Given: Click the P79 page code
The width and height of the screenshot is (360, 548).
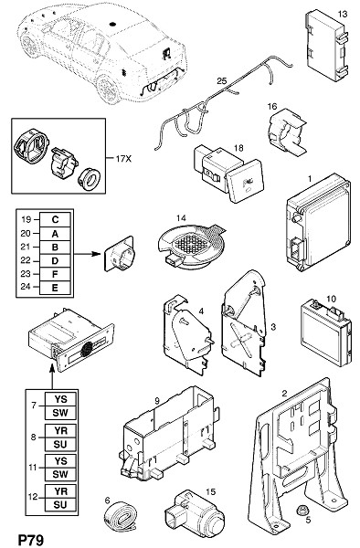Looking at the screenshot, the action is [31, 540].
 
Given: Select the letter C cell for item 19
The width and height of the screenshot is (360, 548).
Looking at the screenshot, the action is [55, 220].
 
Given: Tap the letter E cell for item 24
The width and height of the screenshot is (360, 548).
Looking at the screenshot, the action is [55, 288].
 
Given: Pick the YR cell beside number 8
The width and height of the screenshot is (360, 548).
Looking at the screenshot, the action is [60, 430].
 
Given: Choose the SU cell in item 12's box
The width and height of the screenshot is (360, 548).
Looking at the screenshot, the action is [60, 505].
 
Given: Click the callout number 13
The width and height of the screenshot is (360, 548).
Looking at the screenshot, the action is [343, 14].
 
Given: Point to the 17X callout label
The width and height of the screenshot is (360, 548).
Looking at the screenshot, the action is [123, 159].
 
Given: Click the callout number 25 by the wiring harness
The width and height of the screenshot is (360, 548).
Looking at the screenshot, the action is [222, 81].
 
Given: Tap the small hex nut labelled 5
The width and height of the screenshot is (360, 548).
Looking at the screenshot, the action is [300, 511].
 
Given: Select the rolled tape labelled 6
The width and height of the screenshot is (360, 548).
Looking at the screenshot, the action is [120, 514].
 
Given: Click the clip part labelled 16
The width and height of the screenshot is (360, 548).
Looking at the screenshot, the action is [286, 131].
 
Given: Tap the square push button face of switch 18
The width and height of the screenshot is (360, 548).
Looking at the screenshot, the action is [244, 181].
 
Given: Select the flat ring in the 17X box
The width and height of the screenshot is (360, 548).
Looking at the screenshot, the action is [90, 179].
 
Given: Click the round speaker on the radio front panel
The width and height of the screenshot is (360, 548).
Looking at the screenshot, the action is [87, 349].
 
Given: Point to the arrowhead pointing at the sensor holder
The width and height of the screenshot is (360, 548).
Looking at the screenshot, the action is [96, 253].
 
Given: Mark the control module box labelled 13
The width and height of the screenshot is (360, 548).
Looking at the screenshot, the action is [327, 46].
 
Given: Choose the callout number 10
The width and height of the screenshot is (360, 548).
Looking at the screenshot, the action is [331, 299].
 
